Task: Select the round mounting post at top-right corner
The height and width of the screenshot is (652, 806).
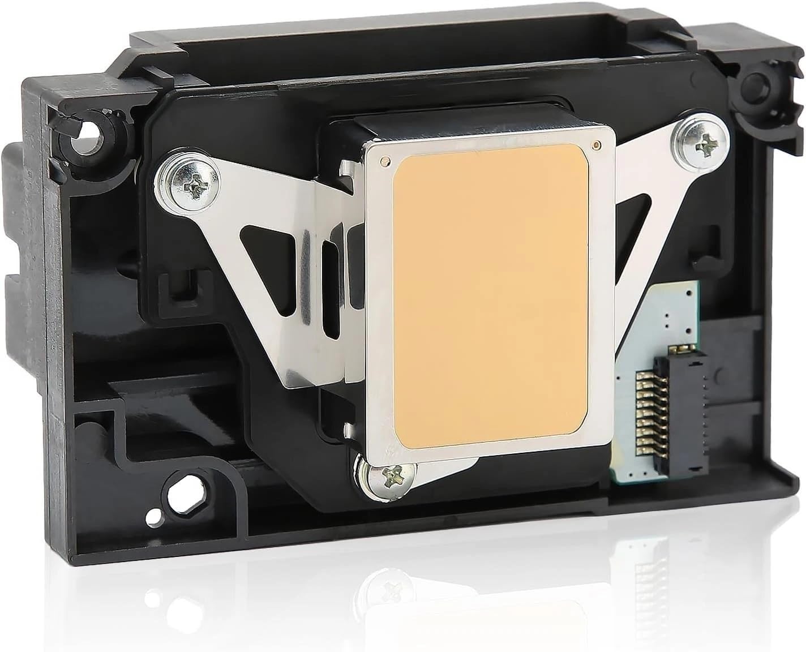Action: point(762,80)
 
